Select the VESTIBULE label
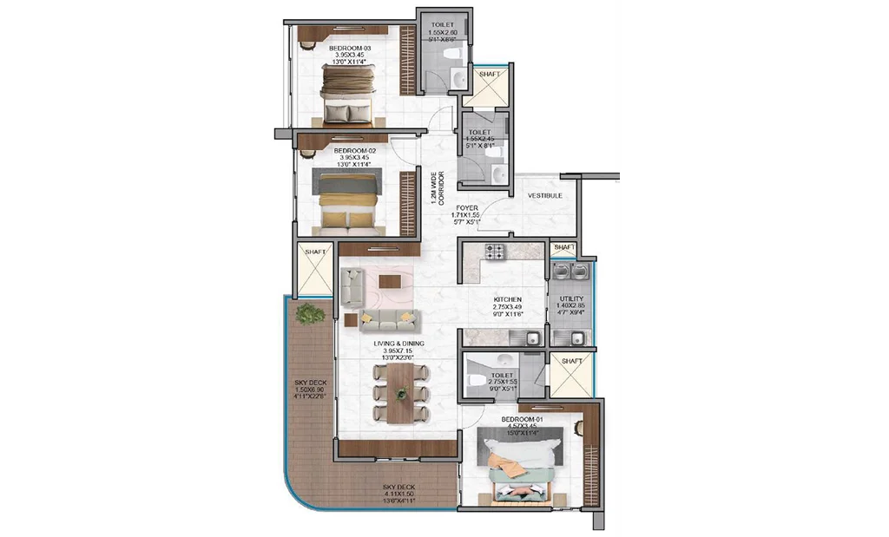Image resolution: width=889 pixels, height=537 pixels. pyautogui.click(x=544, y=196)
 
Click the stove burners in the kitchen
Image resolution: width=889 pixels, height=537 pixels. pyautogui.click(x=495, y=253)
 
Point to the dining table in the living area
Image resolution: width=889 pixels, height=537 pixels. pyautogui.click(x=400, y=392)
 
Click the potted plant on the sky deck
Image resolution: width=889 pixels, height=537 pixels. pyautogui.click(x=306, y=313)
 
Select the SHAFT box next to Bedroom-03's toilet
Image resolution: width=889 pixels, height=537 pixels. pyautogui.click(x=489, y=86)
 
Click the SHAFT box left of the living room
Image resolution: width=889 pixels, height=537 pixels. pyautogui.click(x=314, y=270)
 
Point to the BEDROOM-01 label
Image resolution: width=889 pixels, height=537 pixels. pyautogui.click(x=522, y=420)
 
